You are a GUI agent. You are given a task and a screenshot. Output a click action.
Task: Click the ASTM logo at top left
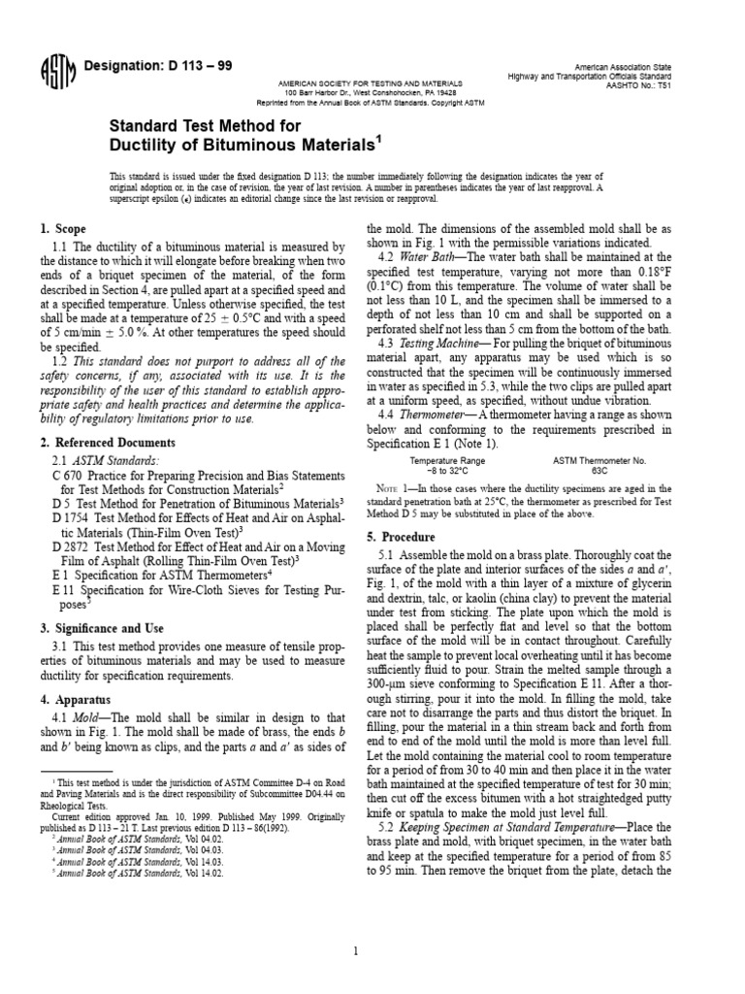pos(54,71)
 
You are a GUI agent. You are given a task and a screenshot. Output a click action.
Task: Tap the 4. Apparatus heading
pos(76,699)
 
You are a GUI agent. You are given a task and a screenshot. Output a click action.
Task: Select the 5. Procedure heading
pos(401,537)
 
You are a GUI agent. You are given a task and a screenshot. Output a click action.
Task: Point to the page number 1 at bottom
pos(356,923)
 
